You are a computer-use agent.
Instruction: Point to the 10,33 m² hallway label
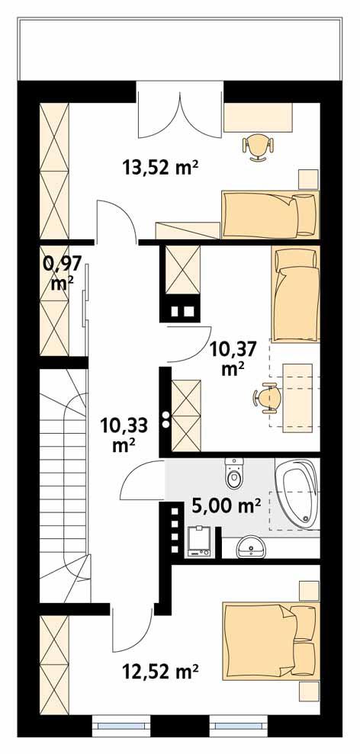124,435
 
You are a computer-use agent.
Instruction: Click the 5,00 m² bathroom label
227,505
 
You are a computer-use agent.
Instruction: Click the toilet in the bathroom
234,473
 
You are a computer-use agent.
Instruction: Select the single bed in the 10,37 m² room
295,294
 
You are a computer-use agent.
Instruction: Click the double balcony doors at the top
180,110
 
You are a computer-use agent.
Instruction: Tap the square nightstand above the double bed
308,591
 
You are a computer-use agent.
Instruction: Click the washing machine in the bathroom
199,541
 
